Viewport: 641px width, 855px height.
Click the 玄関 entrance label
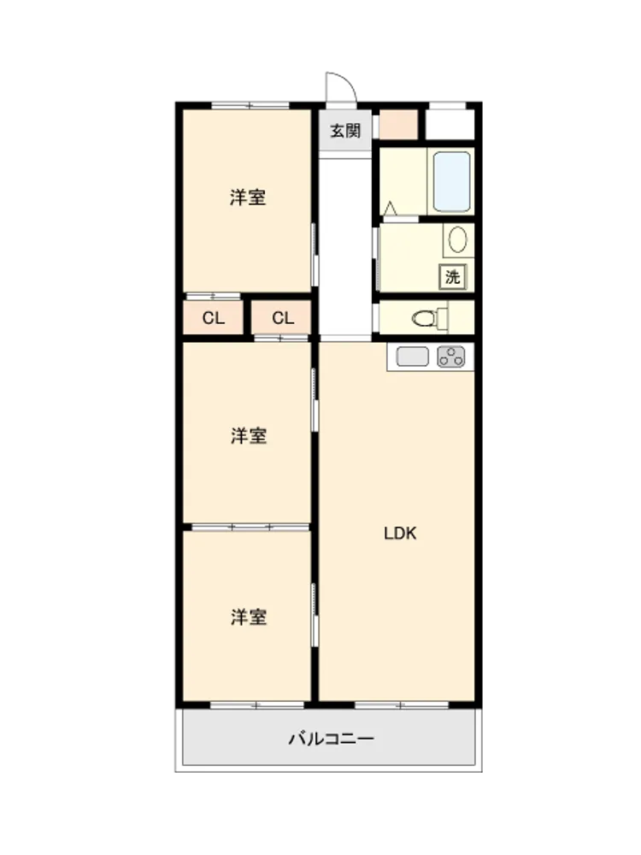[x=345, y=131]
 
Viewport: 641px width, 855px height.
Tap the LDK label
[x=400, y=534]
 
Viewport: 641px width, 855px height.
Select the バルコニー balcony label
[x=331, y=739]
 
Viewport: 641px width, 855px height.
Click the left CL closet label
[x=213, y=318]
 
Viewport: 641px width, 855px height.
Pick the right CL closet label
[x=283, y=318]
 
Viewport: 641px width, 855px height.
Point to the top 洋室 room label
[x=248, y=198]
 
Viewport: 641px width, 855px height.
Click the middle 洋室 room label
[x=249, y=436]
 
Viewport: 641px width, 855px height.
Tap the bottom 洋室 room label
[x=249, y=617]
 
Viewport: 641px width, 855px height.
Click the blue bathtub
[x=452, y=181]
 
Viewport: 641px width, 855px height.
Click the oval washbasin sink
[x=458, y=239]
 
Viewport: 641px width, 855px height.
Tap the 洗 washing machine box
[x=453, y=277]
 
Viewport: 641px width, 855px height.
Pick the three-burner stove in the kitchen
[x=451, y=357]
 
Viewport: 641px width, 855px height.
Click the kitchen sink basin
[x=413, y=357]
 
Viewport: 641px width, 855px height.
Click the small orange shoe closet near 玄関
[x=398, y=125]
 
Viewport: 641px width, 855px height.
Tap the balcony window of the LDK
[x=402, y=705]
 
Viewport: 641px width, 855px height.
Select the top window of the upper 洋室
[x=250, y=106]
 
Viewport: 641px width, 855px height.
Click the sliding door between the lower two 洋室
[x=250, y=528]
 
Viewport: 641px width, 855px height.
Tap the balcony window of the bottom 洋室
[x=256, y=705]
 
